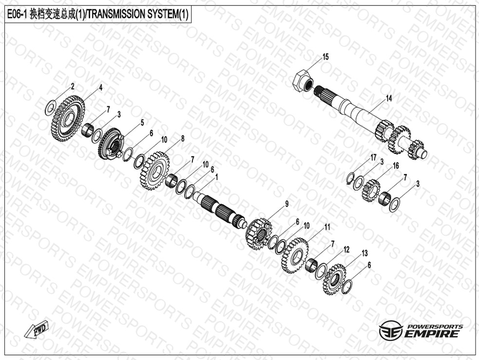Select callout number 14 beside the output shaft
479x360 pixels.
[x=388, y=98]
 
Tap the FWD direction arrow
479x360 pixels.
[x=37, y=329]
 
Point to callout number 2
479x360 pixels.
[x=73, y=86]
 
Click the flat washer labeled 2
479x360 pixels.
[x=50, y=108]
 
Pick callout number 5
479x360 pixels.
[x=142, y=123]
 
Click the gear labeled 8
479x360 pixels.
[x=155, y=171]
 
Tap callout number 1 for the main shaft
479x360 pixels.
[x=216, y=177]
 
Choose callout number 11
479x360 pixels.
[x=327, y=227]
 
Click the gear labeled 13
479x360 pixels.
[x=334, y=280]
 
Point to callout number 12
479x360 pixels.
[x=346, y=249]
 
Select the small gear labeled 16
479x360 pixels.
[x=371, y=190]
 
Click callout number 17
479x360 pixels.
[x=373, y=157]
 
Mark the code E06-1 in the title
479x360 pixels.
[x=18, y=14]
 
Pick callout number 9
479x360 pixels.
[x=287, y=204]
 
